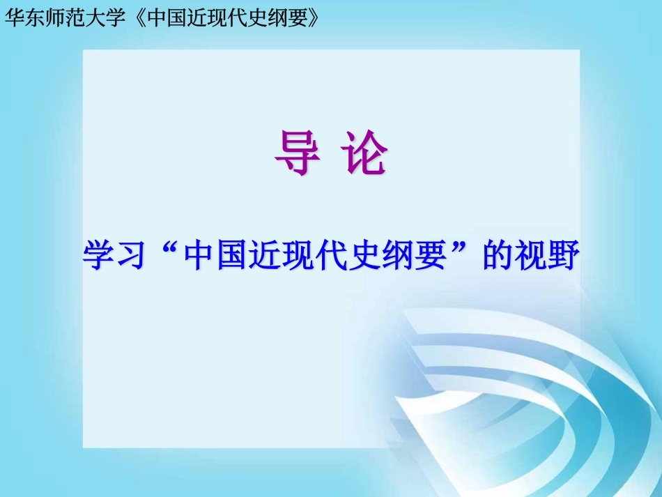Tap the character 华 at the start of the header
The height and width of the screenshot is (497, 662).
(14, 18)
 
